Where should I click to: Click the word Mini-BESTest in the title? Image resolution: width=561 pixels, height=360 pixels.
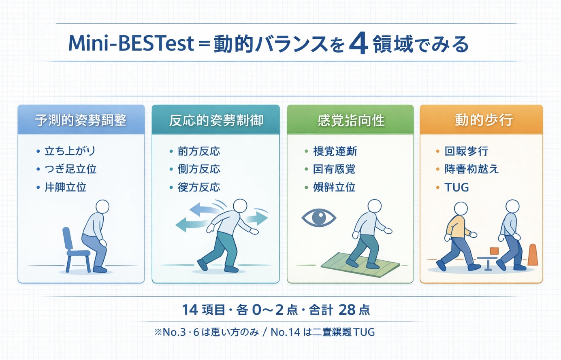click(131, 43)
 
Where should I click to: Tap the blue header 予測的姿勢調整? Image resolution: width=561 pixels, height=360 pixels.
click(81, 120)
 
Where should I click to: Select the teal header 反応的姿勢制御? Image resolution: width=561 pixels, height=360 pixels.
click(216, 120)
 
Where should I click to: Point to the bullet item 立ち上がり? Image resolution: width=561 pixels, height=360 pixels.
click(70, 151)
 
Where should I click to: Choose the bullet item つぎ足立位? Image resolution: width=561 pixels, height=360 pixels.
click(70, 169)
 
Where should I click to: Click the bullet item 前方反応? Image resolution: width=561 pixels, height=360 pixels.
click(198, 151)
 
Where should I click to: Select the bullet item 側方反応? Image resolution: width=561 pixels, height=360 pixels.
click(198, 169)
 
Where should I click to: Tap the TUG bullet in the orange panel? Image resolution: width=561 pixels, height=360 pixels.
click(456, 187)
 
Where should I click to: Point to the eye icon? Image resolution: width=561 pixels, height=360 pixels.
click(319, 217)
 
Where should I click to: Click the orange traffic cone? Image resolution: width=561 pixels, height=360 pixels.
click(533, 255)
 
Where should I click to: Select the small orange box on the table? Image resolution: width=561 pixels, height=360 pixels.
click(494, 251)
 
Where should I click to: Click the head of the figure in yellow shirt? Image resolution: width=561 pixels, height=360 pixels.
click(461, 209)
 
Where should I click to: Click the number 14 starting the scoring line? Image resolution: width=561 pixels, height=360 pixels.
click(190, 310)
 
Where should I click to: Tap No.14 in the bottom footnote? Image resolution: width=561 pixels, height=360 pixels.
click(285, 332)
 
